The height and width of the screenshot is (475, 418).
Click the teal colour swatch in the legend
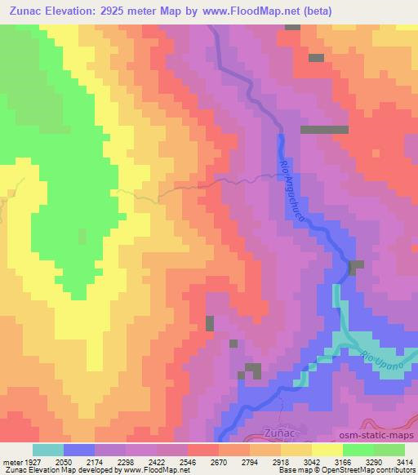pos(48,450)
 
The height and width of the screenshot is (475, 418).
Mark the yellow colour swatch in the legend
pos(327,450)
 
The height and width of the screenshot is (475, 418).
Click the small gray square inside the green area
pos(82,236)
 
